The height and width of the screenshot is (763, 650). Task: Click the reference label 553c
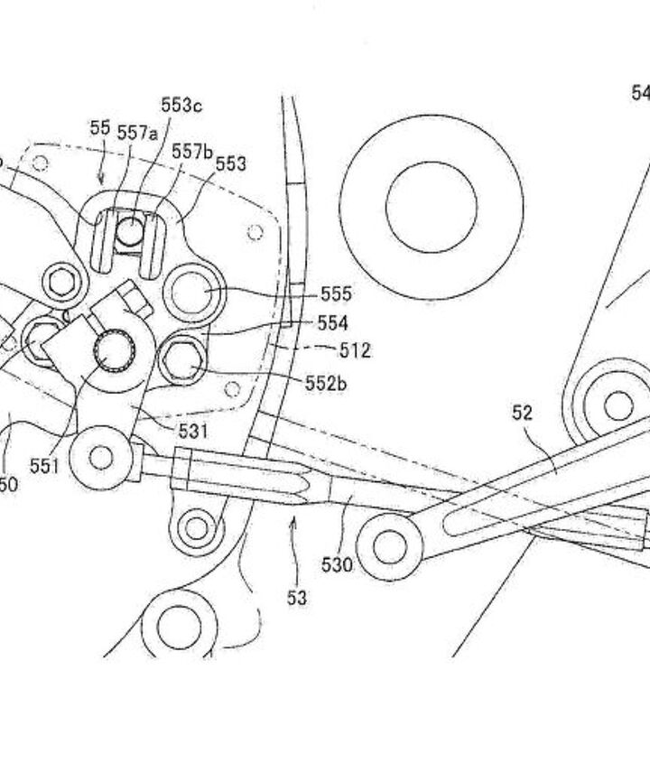(181, 106)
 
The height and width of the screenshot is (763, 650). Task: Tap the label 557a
(137, 133)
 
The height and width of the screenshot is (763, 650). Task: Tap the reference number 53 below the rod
(296, 597)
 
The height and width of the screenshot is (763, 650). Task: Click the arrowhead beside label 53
(292, 521)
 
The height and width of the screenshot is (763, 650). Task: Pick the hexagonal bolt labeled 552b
(181, 361)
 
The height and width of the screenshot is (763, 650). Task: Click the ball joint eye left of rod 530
(101, 457)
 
